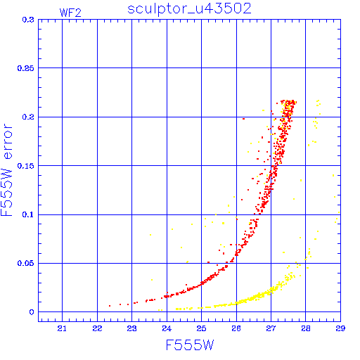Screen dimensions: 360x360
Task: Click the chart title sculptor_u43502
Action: [189, 9]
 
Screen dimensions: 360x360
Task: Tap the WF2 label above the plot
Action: [70, 13]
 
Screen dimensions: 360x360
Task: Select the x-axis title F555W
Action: [190, 345]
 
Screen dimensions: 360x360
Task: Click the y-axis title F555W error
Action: [7, 170]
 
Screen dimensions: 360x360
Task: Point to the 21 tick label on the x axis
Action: [62, 328]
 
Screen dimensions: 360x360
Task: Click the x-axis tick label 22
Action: [97, 328]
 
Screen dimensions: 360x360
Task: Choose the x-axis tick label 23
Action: [131, 328]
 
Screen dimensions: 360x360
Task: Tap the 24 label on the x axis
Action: [167, 328]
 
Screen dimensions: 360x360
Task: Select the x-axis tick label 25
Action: [201, 328]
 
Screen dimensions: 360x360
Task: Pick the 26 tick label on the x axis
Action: [236, 328]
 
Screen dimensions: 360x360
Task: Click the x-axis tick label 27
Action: [271, 328]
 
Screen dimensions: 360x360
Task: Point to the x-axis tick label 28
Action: [306, 328]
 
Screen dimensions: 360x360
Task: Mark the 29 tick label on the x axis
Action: [340, 328]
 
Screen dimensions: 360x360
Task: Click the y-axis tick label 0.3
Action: [28, 20]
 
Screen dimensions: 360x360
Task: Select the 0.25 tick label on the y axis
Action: [26, 68]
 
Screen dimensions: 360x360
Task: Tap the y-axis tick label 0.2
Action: [28, 117]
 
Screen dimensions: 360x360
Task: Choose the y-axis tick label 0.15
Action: [26, 166]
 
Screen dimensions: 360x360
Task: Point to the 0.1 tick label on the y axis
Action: [28, 214]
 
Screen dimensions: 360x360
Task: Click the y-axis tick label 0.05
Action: [26, 263]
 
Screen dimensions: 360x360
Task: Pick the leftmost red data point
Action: [110, 306]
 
